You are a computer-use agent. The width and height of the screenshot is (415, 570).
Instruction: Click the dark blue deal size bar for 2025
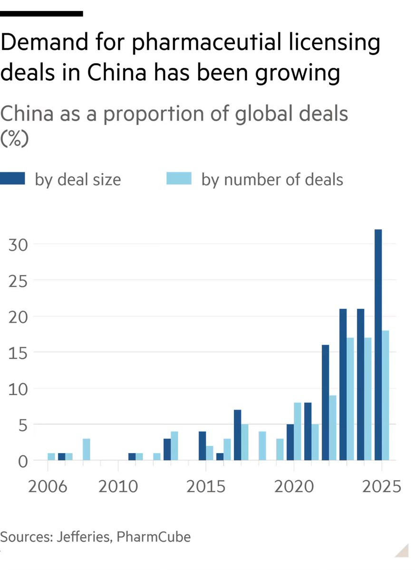pyautogui.click(x=378, y=344)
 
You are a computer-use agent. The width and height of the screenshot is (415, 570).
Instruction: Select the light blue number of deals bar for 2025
pyautogui.click(x=385, y=395)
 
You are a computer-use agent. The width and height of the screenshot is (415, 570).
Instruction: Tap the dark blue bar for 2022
pyautogui.click(x=325, y=402)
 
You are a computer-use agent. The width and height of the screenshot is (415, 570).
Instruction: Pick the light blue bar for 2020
pyautogui.click(x=298, y=431)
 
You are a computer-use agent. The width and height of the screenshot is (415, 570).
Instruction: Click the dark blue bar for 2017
pyautogui.click(x=237, y=435)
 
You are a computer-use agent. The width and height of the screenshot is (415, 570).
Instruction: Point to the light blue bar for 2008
pyautogui.click(x=86, y=449)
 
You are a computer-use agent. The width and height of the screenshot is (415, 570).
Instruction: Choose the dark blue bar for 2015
pyautogui.click(x=202, y=446)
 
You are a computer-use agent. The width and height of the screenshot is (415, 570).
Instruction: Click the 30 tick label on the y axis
pyautogui.click(x=18, y=245)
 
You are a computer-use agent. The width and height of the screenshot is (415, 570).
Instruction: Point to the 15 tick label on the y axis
pyautogui.click(x=18, y=352)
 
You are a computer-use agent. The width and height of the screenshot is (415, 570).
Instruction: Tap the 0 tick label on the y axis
pyautogui.click(x=22, y=461)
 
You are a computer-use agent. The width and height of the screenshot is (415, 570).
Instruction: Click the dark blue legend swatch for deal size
pyautogui.click(x=13, y=179)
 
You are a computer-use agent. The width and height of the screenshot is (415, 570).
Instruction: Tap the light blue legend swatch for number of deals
pyautogui.click(x=179, y=179)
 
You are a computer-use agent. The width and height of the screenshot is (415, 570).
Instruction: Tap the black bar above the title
pyautogui.click(x=42, y=14)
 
